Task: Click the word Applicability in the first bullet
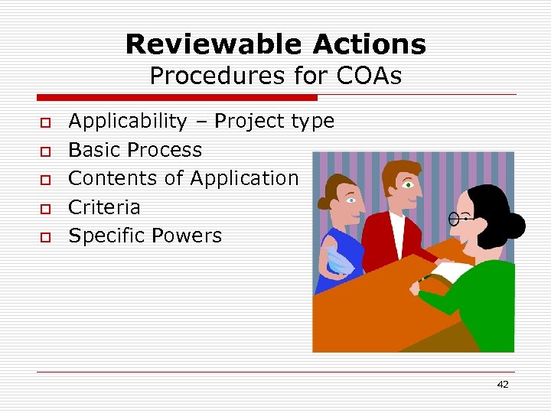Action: pos(127,121)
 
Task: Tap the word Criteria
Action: pos(104,207)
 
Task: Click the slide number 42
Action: pos(502,385)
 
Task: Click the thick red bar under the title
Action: pos(177,98)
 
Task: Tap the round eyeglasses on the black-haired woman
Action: pos(456,219)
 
